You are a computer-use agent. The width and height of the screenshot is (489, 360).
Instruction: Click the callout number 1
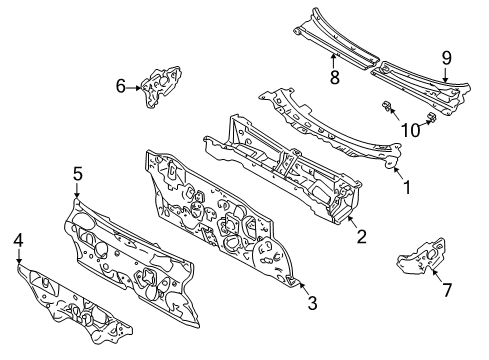(x=407, y=187)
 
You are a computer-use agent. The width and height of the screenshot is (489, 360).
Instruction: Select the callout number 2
(x=361, y=236)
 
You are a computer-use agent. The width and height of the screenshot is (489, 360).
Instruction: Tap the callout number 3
(x=312, y=303)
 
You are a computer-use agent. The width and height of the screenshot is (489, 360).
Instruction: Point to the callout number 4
(x=18, y=240)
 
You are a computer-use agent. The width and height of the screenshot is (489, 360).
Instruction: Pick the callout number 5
(x=77, y=174)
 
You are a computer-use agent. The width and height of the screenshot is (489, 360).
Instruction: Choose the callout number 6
(x=121, y=86)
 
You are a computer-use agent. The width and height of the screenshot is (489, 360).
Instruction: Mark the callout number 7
(x=447, y=289)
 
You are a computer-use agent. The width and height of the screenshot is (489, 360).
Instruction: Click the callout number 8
(x=334, y=78)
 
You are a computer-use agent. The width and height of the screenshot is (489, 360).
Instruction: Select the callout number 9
(x=447, y=58)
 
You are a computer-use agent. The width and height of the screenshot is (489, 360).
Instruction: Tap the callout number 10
(x=411, y=130)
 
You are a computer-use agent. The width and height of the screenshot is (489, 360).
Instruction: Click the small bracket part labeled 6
(x=161, y=86)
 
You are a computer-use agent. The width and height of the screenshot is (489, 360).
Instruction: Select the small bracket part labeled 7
(x=421, y=256)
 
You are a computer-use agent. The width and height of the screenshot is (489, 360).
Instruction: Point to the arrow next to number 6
(x=134, y=88)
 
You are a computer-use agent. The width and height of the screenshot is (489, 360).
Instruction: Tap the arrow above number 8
(x=333, y=61)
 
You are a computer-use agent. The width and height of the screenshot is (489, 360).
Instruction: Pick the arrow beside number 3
(x=301, y=287)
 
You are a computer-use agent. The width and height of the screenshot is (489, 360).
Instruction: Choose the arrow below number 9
(x=446, y=74)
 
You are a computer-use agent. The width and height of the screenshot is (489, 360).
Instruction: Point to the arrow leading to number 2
(x=353, y=222)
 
